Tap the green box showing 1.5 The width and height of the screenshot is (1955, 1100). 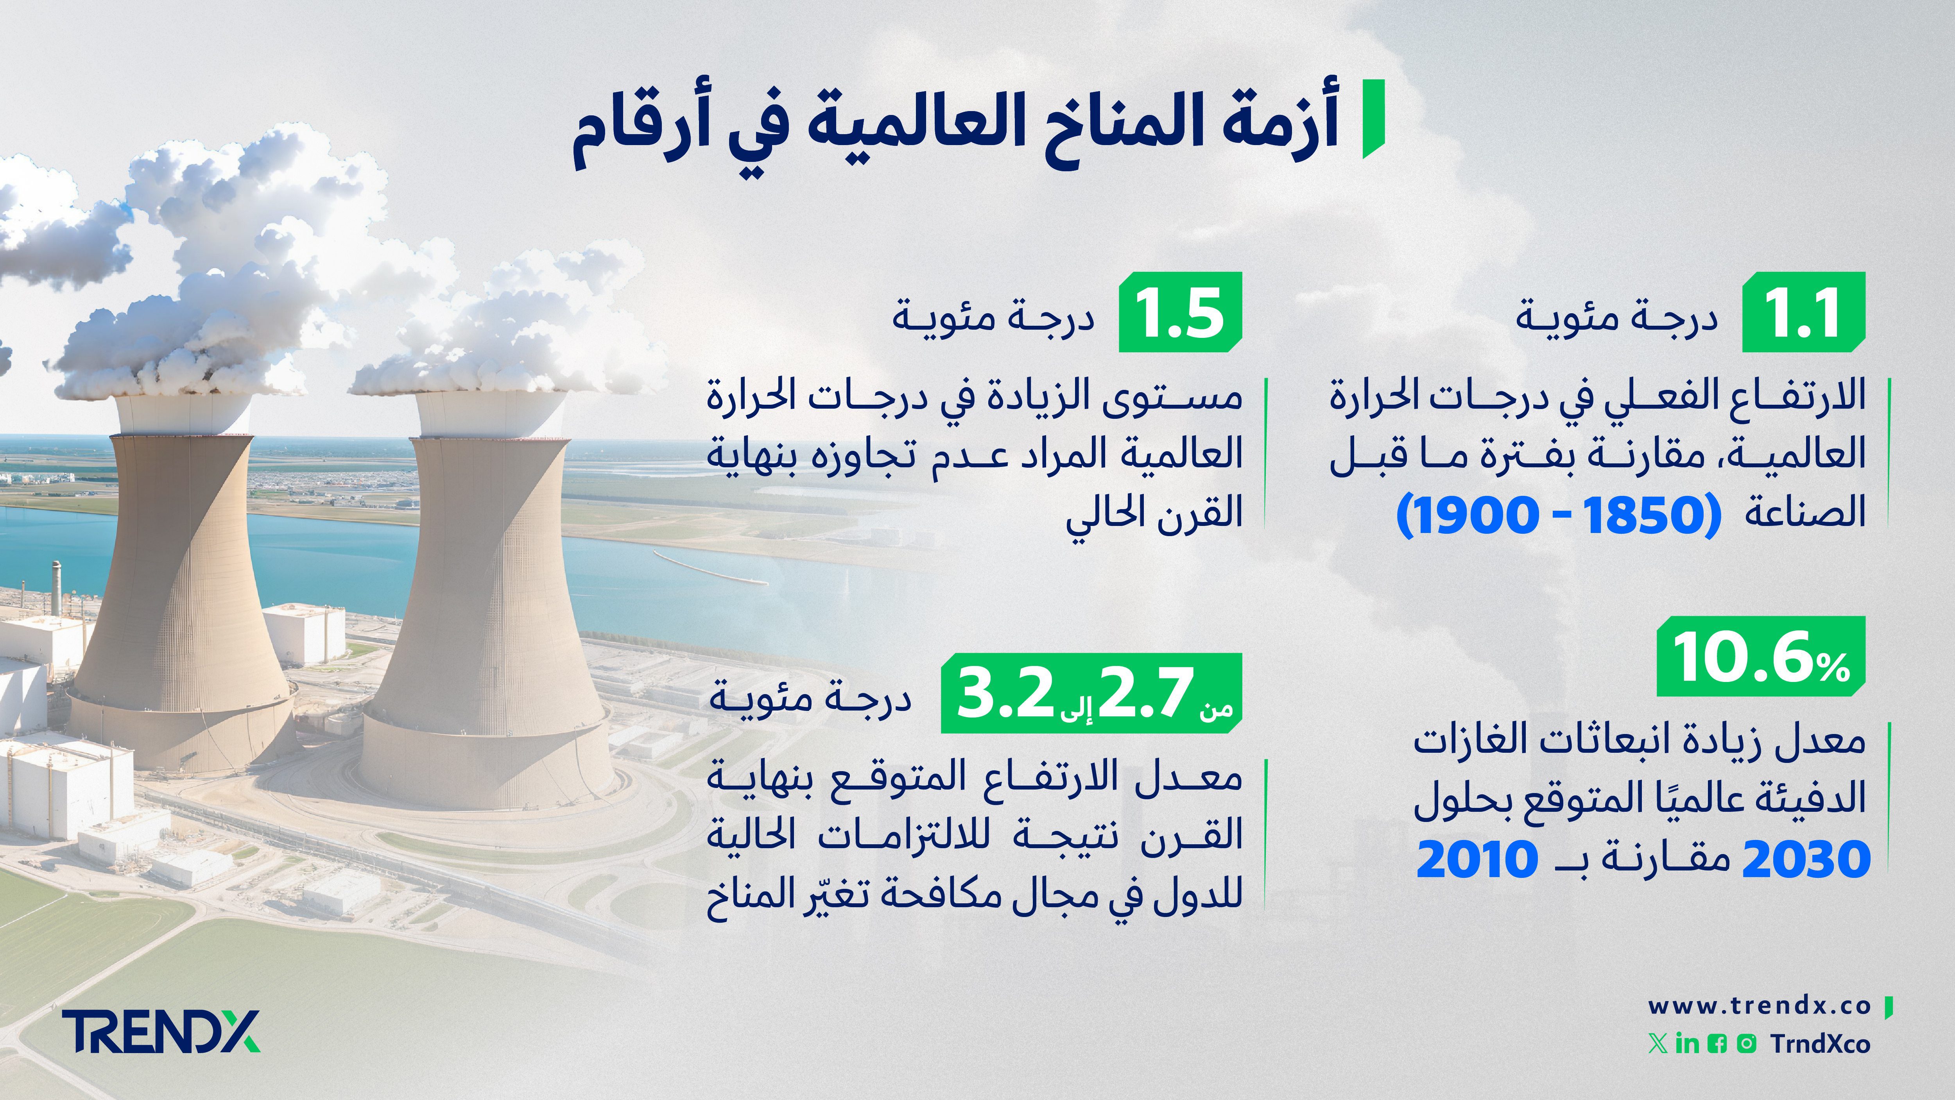click(x=1180, y=312)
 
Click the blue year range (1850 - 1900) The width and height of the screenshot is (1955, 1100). click(x=1558, y=515)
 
